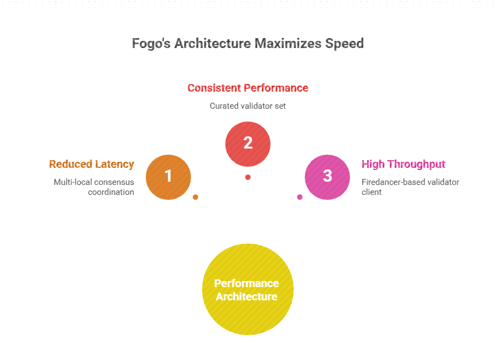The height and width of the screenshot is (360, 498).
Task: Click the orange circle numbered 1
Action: pos(168,177)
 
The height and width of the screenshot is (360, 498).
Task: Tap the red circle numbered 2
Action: pos(248,144)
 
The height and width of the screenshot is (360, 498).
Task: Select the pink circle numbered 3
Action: pos(327,177)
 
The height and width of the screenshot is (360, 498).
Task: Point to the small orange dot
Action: pos(195,197)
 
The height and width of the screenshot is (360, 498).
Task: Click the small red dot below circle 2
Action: pos(248,177)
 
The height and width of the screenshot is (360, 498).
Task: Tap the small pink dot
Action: pos(300,197)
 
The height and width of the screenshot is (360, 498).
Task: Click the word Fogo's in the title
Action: pos(151,44)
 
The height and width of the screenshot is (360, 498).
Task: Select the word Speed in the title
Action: pos(346,44)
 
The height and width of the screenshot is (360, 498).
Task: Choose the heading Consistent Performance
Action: pos(248,88)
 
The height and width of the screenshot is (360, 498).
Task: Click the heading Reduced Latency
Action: pos(92,164)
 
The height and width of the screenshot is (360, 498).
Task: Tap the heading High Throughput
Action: pos(404,164)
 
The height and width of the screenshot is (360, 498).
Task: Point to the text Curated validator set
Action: pos(248,105)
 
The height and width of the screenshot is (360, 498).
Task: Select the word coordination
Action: pos(111,192)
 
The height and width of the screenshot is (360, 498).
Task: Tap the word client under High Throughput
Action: pos(372,192)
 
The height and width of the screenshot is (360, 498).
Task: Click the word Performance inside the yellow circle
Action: pos(247,283)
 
